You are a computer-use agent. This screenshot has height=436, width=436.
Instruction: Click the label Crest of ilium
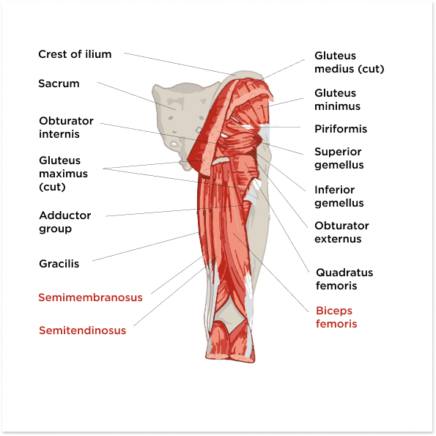click(x=75, y=54)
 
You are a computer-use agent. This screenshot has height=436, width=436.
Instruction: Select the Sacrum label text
click(x=59, y=84)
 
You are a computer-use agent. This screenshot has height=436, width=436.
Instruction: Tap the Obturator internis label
click(x=66, y=128)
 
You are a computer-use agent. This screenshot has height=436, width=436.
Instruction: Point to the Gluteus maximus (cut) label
click(x=64, y=174)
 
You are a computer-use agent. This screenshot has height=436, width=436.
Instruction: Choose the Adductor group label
click(x=65, y=222)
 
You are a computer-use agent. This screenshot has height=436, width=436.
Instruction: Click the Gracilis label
click(x=59, y=264)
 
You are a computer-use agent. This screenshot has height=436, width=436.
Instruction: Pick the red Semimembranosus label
click(x=90, y=298)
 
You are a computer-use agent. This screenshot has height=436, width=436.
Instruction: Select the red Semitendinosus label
click(x=82, y=330)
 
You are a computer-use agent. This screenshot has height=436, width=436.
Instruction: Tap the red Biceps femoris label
click(x=336, y=317)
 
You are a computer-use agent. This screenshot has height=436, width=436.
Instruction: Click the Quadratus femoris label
click(x=344, y=279)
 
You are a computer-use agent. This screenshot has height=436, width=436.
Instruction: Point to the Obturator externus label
click(x=341, y=232)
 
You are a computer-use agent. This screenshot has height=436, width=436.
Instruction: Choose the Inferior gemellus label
click(x=339, y=196)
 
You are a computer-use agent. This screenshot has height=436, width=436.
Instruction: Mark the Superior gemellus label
click(x=339, y=158)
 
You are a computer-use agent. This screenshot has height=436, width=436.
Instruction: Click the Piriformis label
click(x=341, y=129)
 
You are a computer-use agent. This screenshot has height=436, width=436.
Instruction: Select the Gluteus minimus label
click(x=337, y=100)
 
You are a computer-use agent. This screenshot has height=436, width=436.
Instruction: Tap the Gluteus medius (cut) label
click(x=350, y=62)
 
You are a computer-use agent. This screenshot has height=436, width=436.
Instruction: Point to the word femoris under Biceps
click(x=336, y=324)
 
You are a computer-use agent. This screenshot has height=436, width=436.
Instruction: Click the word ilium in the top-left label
click(x=98, y=54)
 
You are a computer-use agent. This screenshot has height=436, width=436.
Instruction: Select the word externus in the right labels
click(x=338, y=239)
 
